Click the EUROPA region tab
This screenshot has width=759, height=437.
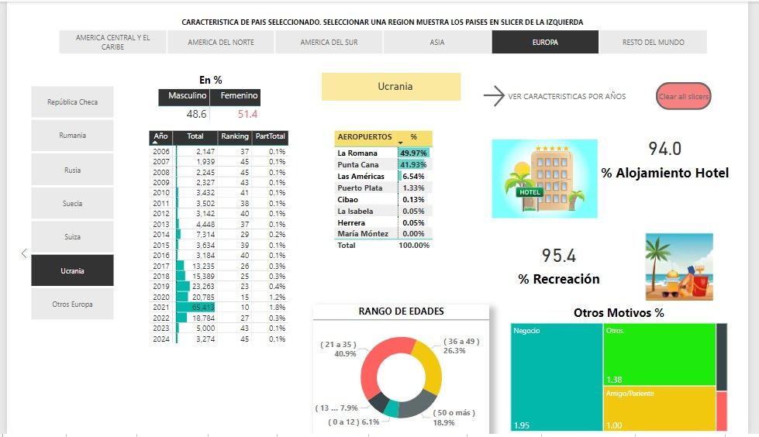point(544,43)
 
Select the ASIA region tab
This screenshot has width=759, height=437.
point(437,43)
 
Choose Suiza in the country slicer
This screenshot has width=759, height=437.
point(72,237)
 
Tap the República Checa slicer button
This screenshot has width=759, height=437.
point(72,102)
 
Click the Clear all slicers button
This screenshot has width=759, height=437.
point(683,97)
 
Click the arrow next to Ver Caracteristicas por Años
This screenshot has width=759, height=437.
point(493,96)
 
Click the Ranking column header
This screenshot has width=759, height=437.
point(234,137)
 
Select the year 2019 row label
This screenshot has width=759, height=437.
point(161,287)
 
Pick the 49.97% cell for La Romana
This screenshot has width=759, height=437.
point(414,153)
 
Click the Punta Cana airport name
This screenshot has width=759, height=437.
point(357,165)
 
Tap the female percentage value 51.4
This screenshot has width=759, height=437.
point(247,115)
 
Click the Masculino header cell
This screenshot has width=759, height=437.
point(187,96)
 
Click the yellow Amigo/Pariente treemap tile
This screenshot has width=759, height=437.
point(659,408)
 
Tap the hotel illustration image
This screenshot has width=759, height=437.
point(544,178)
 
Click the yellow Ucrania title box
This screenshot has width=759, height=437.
point(391,87)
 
